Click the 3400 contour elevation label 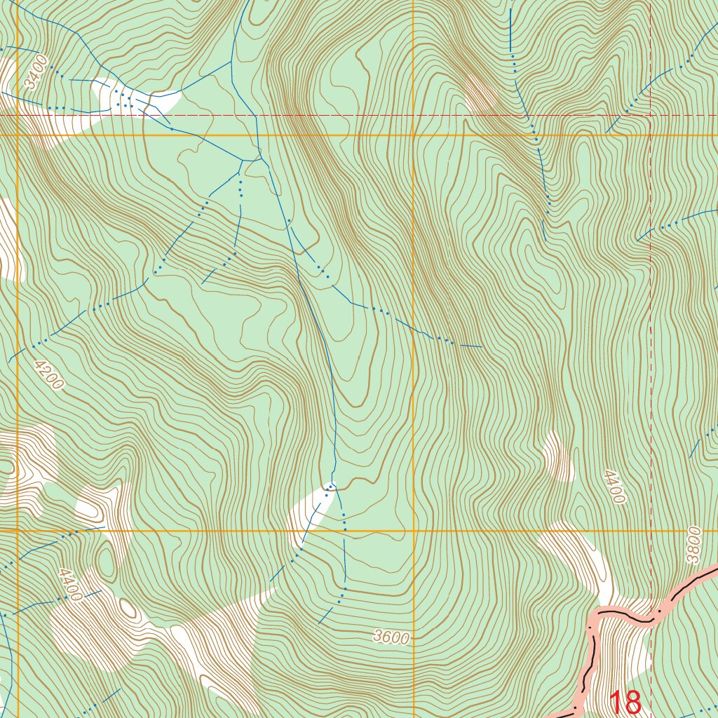pyautogui.click(x=37, y=73)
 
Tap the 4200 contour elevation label pyautogui.click(x=48, y=374)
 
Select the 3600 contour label pyautogui.click(x=391, y=637)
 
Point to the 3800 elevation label pyautogui.click(x=693, y=545)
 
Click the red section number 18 pyautogui.click(x=624, y=703)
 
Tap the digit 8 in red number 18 pyautogui.click(x=632, y=703)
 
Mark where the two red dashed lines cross pyautogui.click(x=651, y=115)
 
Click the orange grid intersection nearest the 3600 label pyautogui.click(x=414, y=531)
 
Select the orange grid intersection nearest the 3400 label pyautogui.click(x=18, y=135)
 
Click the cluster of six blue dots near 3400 pyautogui.click(x=123, y=100)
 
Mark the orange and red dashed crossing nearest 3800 pyautogui.click(x=651, y=531)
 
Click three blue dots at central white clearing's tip pyautogui.click(x=329, y=487)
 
